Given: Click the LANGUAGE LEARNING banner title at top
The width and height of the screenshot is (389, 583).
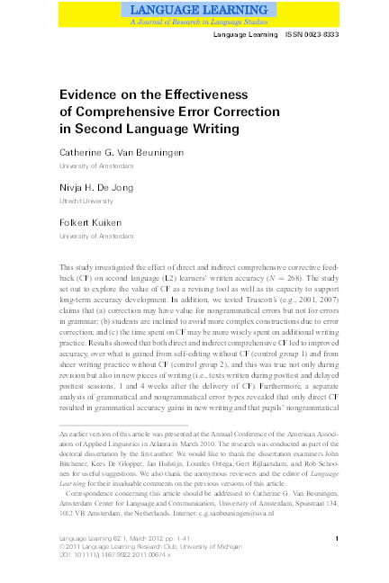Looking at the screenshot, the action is (x=194, y=8).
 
